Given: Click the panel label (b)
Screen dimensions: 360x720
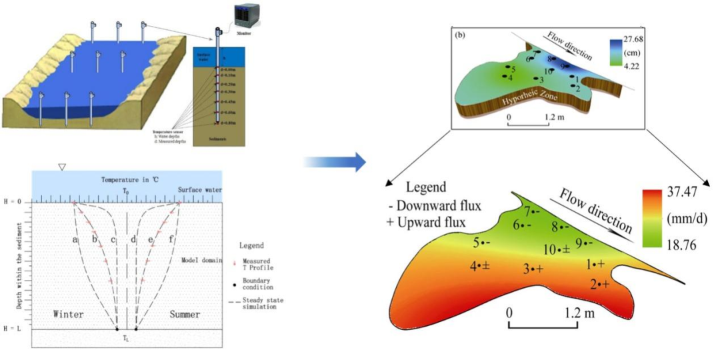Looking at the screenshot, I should point(460,34).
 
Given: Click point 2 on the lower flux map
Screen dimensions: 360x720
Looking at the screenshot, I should point(599,285).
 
